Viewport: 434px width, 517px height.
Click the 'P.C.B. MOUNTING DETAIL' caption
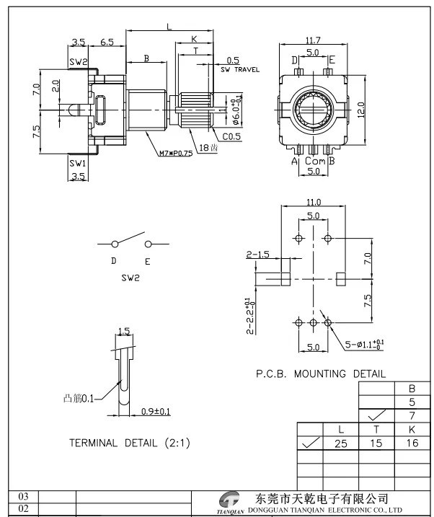[x=321, y=374]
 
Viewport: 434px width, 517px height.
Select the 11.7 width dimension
[x=313, y=40]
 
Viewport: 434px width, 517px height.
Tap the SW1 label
[x=78, y=164]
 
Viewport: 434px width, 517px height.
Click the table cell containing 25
[x=341, y=443]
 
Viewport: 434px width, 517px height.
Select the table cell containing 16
[x=412, y=443]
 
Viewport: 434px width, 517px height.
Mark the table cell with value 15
[x=377, y=443]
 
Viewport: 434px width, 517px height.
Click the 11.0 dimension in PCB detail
[x=313, y=203]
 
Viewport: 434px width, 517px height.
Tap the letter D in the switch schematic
[x=113, y=261]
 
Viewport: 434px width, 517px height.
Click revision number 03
[x=22, y=497]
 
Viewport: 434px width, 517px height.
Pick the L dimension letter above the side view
[x=169, y=26]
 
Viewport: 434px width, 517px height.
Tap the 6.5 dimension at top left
[x=107, y=43]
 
